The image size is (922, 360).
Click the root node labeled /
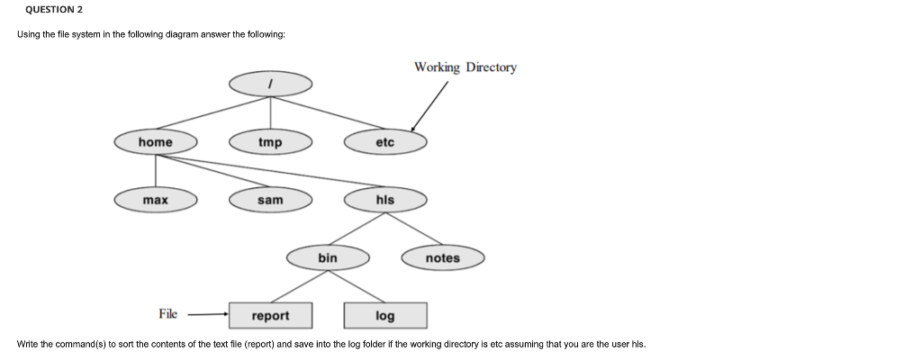pyautogui.click(x=270, y=84)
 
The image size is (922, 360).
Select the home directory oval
pyautogui.click(x=156, y=142)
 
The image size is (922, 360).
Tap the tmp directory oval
pyautogui.click(x=270, y=142)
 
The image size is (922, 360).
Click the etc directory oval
pyautogui.click(x=384, y=142)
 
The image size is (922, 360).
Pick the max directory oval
pyautogui.click(x=156, y=200)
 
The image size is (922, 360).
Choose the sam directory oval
pyautogui.click(x=270, y=200)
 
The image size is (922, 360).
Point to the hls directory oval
pyautogui.click(x=384, y=200)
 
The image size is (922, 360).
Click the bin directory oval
pyautogui.click(x=328, y=258)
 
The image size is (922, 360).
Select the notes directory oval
pyautogui.click(x=442, y=258)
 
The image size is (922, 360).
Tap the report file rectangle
pyautogui.click(x=270, y=316)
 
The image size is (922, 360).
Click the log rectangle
pyautogui.click(x=384, y=316)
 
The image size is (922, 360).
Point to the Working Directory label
pyautogui.click(x=466, y=67)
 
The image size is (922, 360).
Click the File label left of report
pyautogui.click(x=168, y=314)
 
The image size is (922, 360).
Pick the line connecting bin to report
pyautogui.click(x=299, y=287)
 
